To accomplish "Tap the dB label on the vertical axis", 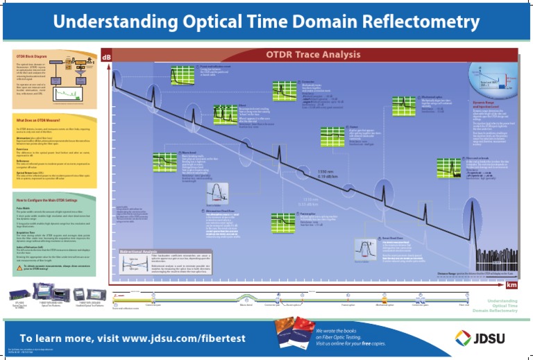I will [x=106, y=56].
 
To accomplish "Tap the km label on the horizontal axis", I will [x=511, y=284].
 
